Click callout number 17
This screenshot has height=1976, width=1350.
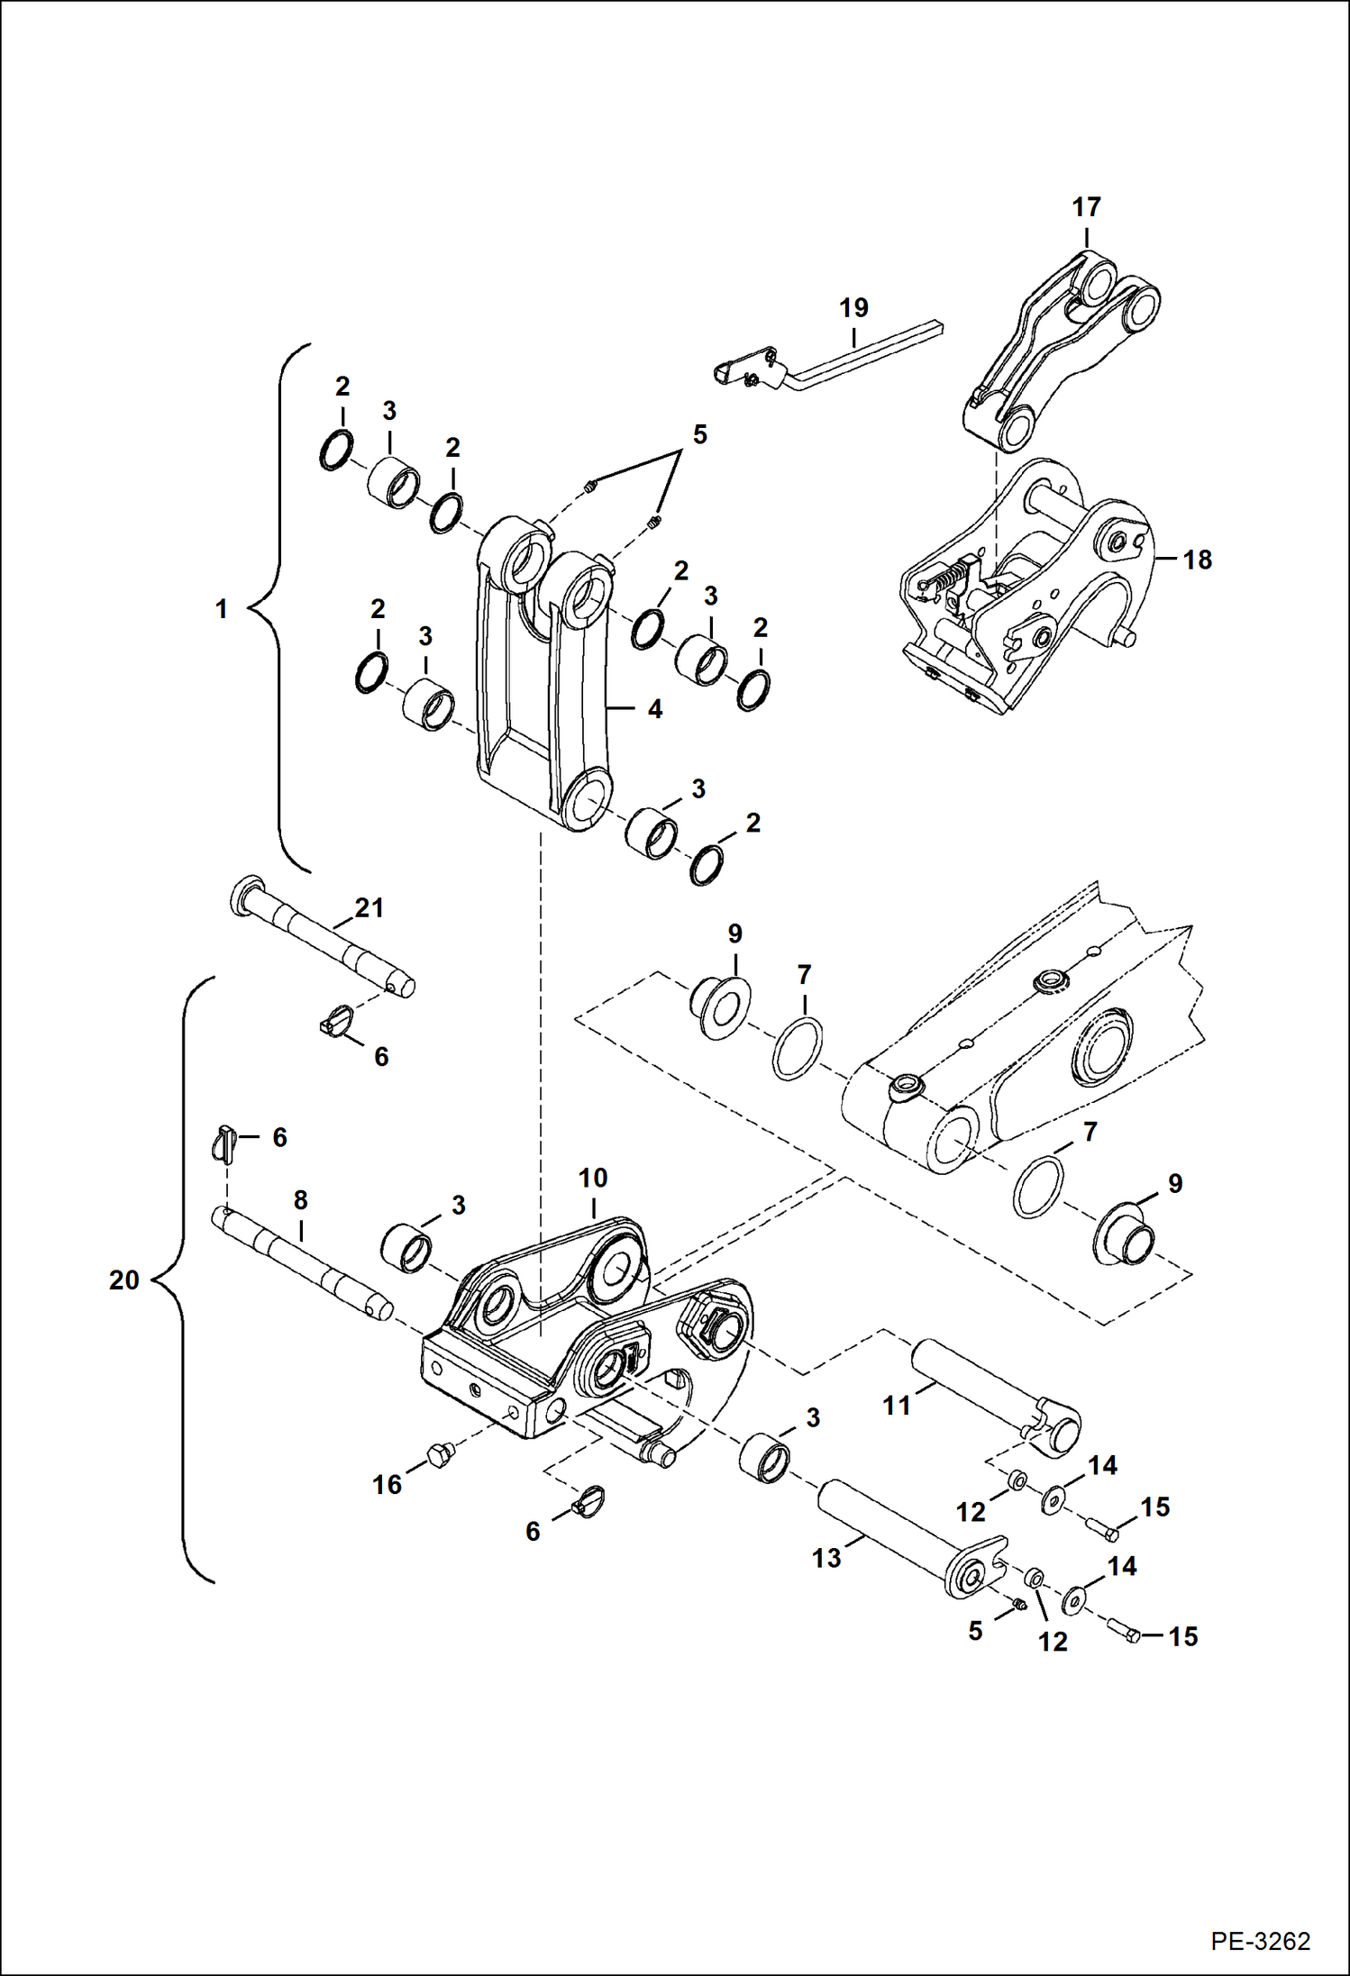[1086, 207]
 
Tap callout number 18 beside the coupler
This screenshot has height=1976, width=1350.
[1197, 560]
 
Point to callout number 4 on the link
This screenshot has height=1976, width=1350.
[655, 709]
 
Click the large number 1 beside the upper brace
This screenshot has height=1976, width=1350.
[222, 609]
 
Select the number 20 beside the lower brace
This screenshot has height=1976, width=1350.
[124, 1280]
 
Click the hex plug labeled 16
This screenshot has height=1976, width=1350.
[438, 1453]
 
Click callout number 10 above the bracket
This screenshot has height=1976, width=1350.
[593, 1178]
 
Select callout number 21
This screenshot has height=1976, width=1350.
[369, 907]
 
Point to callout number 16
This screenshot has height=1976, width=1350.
[388, 1484]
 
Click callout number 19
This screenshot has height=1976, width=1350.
[853, 308]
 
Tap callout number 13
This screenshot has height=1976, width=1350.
[826, 1558]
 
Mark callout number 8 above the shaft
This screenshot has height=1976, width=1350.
[301, 1200]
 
